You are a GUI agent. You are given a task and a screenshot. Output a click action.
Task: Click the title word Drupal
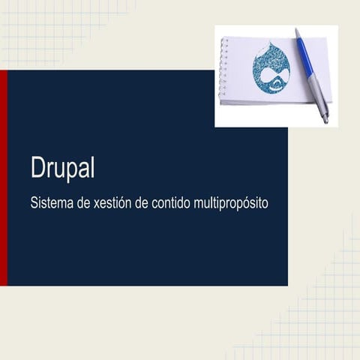[x=63, y=168]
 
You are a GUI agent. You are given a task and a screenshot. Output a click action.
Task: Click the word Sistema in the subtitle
[x=52, y=203]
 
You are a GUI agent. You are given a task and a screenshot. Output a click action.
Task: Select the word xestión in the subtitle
[x=113, y=203]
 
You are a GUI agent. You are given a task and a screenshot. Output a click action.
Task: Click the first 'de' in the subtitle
[x=83, y=203]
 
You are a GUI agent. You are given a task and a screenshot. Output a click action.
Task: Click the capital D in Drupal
[x=38, y=168]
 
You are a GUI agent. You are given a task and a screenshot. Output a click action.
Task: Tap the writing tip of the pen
[x=326, y=120]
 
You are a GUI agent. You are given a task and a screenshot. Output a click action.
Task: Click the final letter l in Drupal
[x=93, y=168]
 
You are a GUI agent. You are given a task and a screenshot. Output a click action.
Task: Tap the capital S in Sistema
[x=34, y=203]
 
